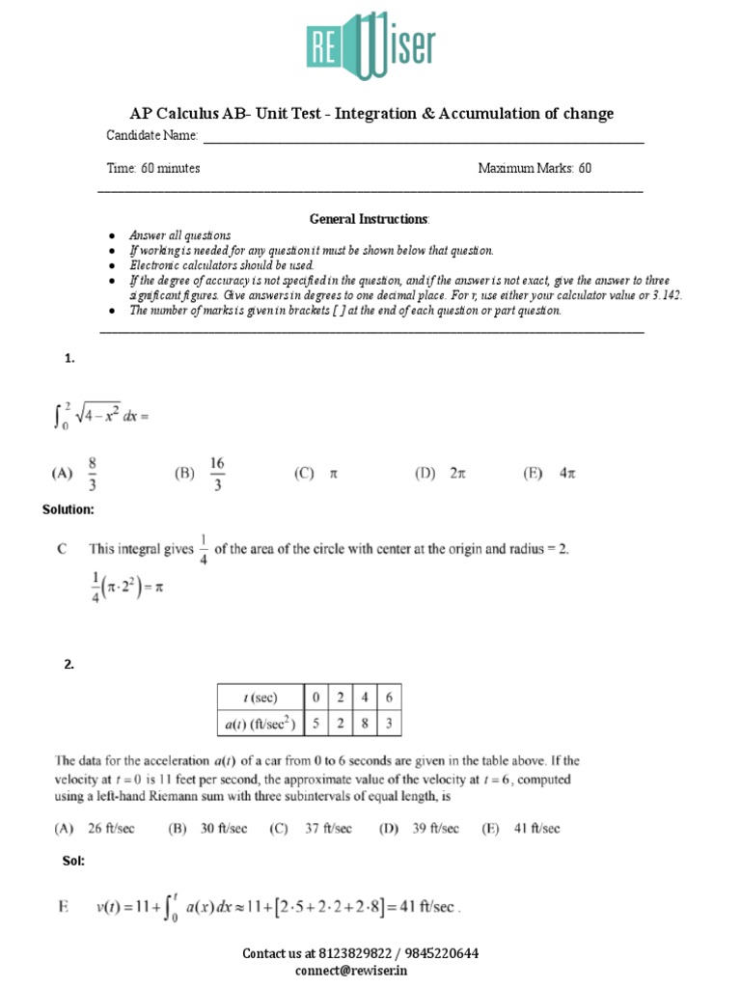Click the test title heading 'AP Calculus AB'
point(371,114)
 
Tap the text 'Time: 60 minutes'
point(153,168)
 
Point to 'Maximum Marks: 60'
point(535,168)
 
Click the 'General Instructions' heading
point(370,219)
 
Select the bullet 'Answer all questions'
point(180,236)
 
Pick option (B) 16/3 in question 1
point(201,474)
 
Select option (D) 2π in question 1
point(440,474)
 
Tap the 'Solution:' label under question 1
point(69,509)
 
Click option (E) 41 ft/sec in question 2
point(525,828)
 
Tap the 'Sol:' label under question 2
point(73,861)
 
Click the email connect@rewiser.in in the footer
point(360,970)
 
